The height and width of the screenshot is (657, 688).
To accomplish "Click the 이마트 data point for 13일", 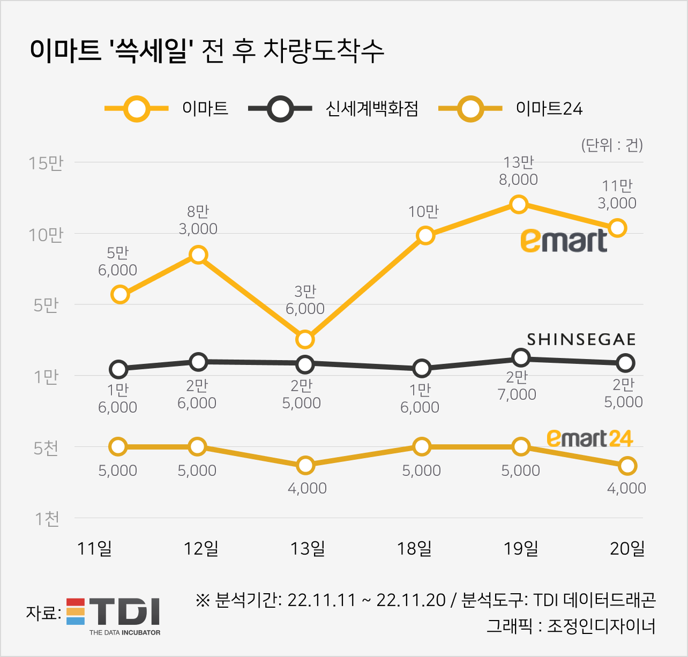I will click(x=305, y=339).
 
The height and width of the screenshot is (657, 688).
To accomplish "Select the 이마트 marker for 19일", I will click(x=519, y=204).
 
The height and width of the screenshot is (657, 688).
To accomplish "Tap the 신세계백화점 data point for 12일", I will click(x=198, y=362).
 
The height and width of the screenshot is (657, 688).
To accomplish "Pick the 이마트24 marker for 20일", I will click(x=627, y=466).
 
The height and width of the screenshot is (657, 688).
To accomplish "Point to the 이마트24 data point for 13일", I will click(x=305, y=465).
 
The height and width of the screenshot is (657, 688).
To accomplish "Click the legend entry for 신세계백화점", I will click(x=333, y=109).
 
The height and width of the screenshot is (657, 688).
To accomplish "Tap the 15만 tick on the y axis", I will click(x=46, y=163).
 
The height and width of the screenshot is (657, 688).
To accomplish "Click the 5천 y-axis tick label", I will click(x=46, y=447).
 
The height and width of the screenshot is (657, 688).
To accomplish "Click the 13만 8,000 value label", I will click(x=519, y=171).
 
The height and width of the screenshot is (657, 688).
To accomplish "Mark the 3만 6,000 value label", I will click(x=305, y=300).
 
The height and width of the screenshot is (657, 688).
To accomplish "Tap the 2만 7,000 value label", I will click(x=517, y=386).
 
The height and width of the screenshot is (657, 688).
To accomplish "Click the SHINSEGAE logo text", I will click(x=581, y=339).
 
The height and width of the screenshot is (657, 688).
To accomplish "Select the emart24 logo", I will click(x=589, y=438).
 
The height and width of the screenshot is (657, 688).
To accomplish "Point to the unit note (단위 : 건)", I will click(x=612, y=145).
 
